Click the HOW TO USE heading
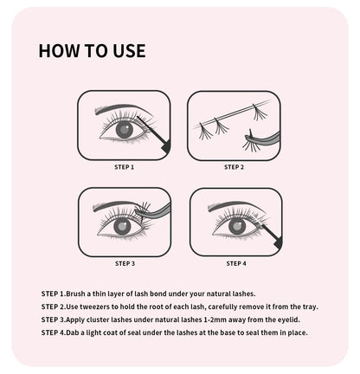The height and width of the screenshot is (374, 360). click(x=92, y=50)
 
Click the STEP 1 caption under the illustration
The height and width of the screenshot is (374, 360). click(x=125, y=166)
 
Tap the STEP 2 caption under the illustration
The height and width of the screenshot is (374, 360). click(x=235, y=166)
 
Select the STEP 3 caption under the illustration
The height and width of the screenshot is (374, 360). click(x=125, y=262)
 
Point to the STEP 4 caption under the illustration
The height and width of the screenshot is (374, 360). click(x=235, y=262)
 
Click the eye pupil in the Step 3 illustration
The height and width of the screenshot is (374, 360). click(x=121, y=227)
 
